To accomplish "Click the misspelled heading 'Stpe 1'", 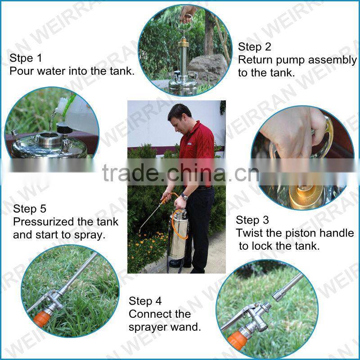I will click(x=26, y=58).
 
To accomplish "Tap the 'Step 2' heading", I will click(x=255, y=47).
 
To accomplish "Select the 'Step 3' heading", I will click(x=252, y=220).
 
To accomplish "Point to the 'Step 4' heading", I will click(x=145, y=301).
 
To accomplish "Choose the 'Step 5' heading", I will click(x=30, y=209).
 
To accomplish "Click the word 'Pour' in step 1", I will click(x=21, y=71).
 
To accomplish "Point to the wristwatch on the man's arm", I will click(x=184, y=197).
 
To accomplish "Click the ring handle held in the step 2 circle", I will click(x=185, y=18).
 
